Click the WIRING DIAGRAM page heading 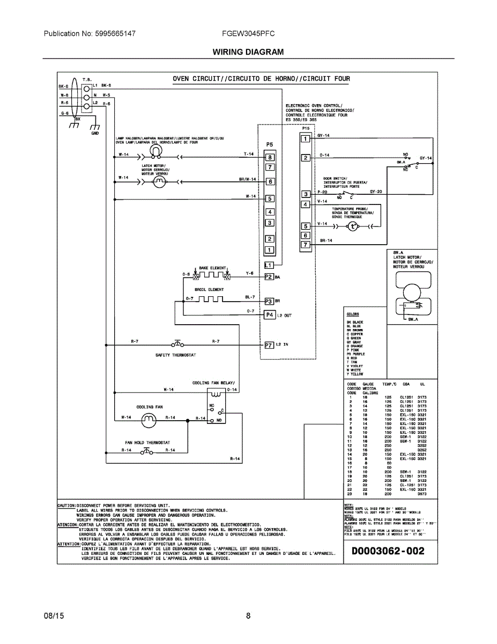coord(248,52)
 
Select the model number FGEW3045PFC coord(248,33)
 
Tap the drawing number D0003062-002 coord(388,551)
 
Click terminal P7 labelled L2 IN coord(270,345)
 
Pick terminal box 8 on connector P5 coord(270,157)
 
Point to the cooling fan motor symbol coord(147,422)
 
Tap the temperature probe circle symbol coord(353,226)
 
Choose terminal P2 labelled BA coord(269,277)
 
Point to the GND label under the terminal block coord(95,133)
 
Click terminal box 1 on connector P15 coord(305,139)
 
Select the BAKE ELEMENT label coord(212,268)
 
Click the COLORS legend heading coord(353,314)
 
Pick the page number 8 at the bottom coord(248,616)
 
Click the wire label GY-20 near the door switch coord(376,192)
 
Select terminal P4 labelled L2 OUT coord(270,315)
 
